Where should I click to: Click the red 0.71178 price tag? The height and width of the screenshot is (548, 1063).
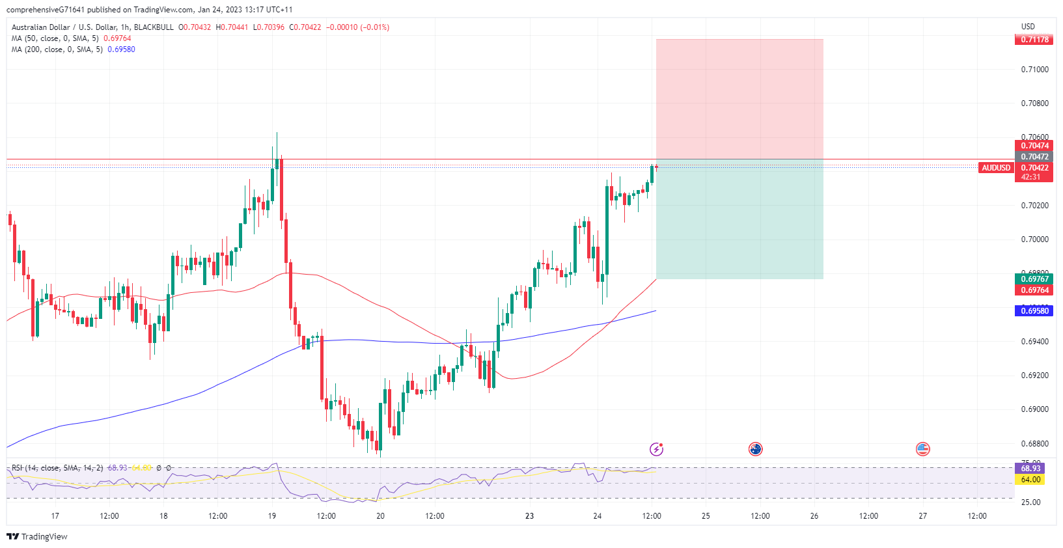click(x=1034, y=40)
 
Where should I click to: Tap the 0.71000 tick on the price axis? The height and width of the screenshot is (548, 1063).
click(x=1034, y=70)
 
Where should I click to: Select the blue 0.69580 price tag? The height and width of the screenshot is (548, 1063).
click(x=1034, y=311)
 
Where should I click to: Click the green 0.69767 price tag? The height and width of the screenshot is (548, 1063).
click(x=1034, y=279)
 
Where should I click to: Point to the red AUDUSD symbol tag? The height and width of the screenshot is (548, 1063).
click(x=996, y=168)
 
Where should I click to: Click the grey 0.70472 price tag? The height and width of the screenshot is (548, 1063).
click(x=1034, y=157)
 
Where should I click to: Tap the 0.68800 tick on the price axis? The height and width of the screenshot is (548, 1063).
click(x=1034, y=444)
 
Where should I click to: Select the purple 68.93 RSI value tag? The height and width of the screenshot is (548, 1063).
click(x=1030, y=469)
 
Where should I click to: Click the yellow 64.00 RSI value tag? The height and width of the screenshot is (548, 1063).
click(x=1030, y=480)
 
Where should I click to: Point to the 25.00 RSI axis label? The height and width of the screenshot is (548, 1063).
click(x=1030, y=502)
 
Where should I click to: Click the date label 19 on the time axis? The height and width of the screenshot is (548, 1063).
click(x=272, y=516)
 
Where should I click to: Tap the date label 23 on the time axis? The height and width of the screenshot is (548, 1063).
click(x=530, y=516)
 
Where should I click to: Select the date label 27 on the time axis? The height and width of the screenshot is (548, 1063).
click(x=922, y=516)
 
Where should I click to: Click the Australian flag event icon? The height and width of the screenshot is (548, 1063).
click(x=755, y=449)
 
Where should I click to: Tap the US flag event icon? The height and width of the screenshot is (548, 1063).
click(x=922, y=449)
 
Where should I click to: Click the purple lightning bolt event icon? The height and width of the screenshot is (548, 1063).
click(x=656, y=449)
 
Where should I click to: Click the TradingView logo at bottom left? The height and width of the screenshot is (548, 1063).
click(x=37, y=537)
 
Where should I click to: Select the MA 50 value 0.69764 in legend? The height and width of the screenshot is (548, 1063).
click(x=117, y=38)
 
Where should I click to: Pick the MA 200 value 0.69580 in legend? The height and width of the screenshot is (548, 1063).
click(x=121, y=49)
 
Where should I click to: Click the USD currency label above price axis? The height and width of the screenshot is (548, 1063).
click(x=1028, y=27)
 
